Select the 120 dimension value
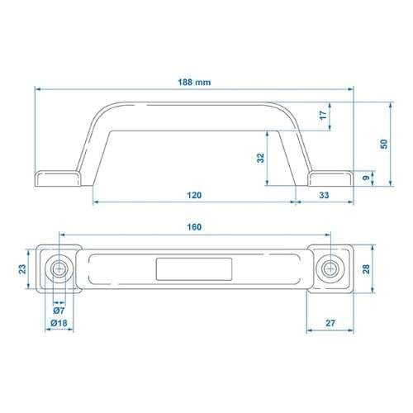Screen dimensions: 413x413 click(x=194, y=195)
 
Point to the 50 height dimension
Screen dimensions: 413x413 click(x=382, y=144)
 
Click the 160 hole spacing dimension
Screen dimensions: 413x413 click(x=194, y=226)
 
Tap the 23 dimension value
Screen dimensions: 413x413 click(x=21, y=268)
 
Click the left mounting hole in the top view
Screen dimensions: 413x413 click(x=59, y=268)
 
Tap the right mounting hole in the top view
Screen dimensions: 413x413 click(x=330, y=268)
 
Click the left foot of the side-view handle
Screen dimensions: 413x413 click(x=56, y=178)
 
